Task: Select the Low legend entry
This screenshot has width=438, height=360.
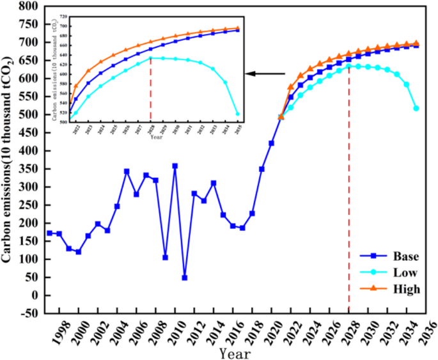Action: click(x=405, y=273)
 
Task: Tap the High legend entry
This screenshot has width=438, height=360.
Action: click(x=407, y=289)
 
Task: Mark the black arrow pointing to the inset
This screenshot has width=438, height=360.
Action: click(x=265, y=74)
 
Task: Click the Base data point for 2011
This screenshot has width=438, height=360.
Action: click(x=185, y=278)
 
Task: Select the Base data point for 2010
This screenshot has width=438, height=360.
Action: click(x=175, y=166)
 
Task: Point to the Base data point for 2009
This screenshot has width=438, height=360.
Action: click(x=166, y=257)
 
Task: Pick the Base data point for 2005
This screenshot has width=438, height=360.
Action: click(x=127, y=171)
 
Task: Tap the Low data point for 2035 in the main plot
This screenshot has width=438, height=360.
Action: click(x=416, y=109)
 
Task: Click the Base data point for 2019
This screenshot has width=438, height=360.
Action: click(x=262, y=169)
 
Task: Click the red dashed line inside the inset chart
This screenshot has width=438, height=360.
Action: click(x=151, y=90)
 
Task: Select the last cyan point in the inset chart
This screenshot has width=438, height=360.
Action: click(x=238, y=114)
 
